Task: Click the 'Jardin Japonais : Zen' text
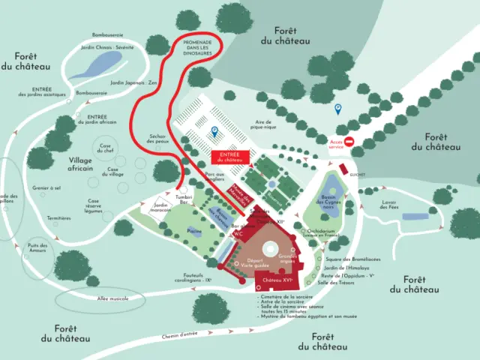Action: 134,83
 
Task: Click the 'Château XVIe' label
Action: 277,280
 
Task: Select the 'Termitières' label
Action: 58,218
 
